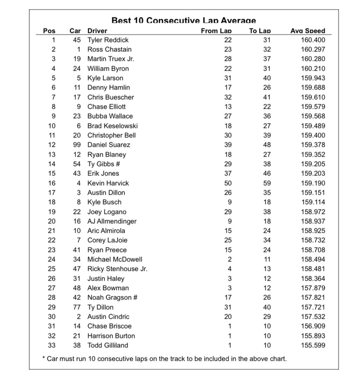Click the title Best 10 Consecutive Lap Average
coord(183,21)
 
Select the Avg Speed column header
coord(307,31)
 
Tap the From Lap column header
coord(216,31)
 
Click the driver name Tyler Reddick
coord(108,40)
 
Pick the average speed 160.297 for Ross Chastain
coord(311,49)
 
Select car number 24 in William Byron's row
coord(77,68)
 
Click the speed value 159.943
coord(311,78)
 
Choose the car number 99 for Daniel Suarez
coord(77,145)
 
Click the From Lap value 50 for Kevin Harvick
coord(228,183)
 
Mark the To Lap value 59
coord(267,183)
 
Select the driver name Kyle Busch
coord(104,202)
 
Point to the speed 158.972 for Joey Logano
coord(311,212)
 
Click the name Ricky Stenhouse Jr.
coord(117,269)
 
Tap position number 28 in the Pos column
coord(52,297)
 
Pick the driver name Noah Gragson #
coord(112,297)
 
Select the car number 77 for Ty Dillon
coord(77,307)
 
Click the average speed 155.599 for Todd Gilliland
coord(311,345)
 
